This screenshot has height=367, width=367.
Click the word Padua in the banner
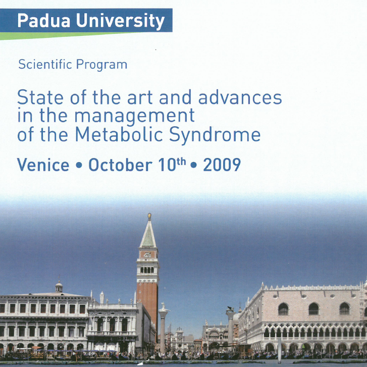[43, 21]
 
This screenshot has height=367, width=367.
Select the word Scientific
[45, 64]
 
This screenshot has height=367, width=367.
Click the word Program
[102, 65]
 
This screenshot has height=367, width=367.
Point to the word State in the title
[40, 97]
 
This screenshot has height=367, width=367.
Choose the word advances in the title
[240, 97]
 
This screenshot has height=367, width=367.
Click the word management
[134, 116]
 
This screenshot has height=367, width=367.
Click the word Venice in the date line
[43, 165]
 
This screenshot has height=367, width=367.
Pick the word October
[120, 165]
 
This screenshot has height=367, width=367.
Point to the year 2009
[222, 165]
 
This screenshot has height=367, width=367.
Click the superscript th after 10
[181, 162]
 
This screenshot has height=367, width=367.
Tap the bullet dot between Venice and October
[79, 165]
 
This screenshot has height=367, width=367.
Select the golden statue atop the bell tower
[149, 217]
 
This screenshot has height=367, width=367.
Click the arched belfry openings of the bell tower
[147, 270]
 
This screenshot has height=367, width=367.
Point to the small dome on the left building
[59, 287]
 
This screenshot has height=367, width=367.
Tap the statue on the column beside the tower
[163, 306]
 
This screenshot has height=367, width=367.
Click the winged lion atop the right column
[230, 309]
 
